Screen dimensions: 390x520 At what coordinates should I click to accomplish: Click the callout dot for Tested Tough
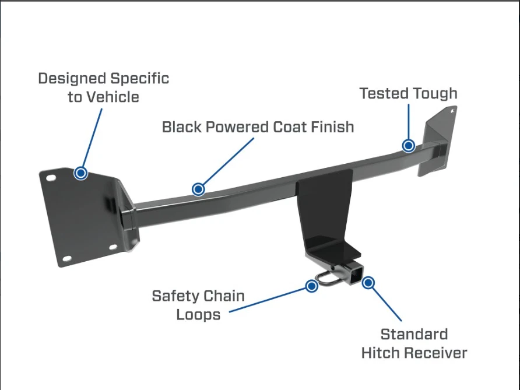pyautogui.click(x=409, y=146)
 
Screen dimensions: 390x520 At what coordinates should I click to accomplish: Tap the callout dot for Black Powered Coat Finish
pyautogui.click(x=199, y=189)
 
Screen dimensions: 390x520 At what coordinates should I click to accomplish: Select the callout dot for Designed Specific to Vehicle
pyautogui.click(x=81, y=173)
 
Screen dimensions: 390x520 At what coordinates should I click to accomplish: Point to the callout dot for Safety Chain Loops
pyautogui.click(x=312, y=286)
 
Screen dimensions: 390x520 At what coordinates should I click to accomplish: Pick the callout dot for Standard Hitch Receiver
pyautogui.click(x=368, y=283)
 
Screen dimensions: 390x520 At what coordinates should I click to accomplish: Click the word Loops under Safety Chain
pyautogui.click(x=198, y=315)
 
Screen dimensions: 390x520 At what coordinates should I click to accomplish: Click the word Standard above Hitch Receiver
pyautogui.click(x=414, y=335)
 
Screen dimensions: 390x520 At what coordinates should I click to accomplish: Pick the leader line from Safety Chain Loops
pyautogui.click(x=268, y=298)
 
